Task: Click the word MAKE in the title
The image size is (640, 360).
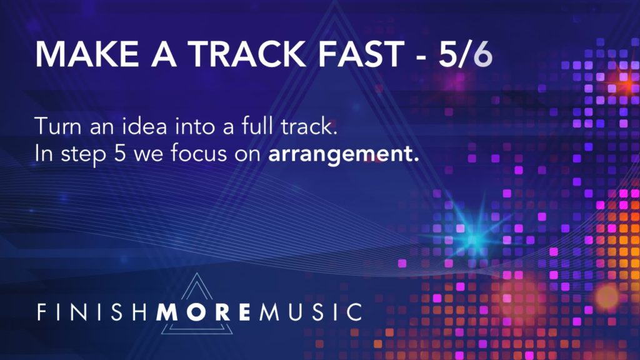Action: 87,54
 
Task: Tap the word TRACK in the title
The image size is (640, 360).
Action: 249,54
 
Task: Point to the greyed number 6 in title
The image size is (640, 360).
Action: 482,54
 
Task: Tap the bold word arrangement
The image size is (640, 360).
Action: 344,154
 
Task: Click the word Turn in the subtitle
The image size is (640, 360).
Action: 58,126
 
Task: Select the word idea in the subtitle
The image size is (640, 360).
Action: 145,126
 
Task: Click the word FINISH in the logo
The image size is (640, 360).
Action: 92,312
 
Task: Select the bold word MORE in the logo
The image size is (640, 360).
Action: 203,312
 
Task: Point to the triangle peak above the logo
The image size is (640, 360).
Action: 197,274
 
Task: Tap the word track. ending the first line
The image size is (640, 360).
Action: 309,126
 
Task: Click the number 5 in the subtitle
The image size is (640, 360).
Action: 119,154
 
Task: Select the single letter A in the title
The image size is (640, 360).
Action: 164,54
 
